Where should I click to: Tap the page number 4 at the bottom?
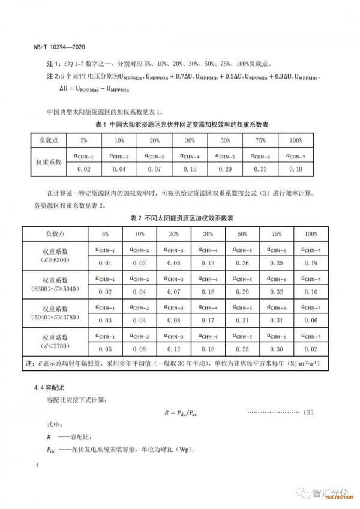click(x=38, y=465)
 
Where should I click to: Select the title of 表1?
click(x=181, y=124)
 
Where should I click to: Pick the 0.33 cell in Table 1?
click(x=260, y=170)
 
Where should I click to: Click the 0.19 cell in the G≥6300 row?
click(x=311, y=262)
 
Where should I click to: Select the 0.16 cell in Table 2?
click(x=208, y=291)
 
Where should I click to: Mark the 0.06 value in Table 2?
click(x=311, y=321)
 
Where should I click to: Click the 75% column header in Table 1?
click(x=260, y=140)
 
